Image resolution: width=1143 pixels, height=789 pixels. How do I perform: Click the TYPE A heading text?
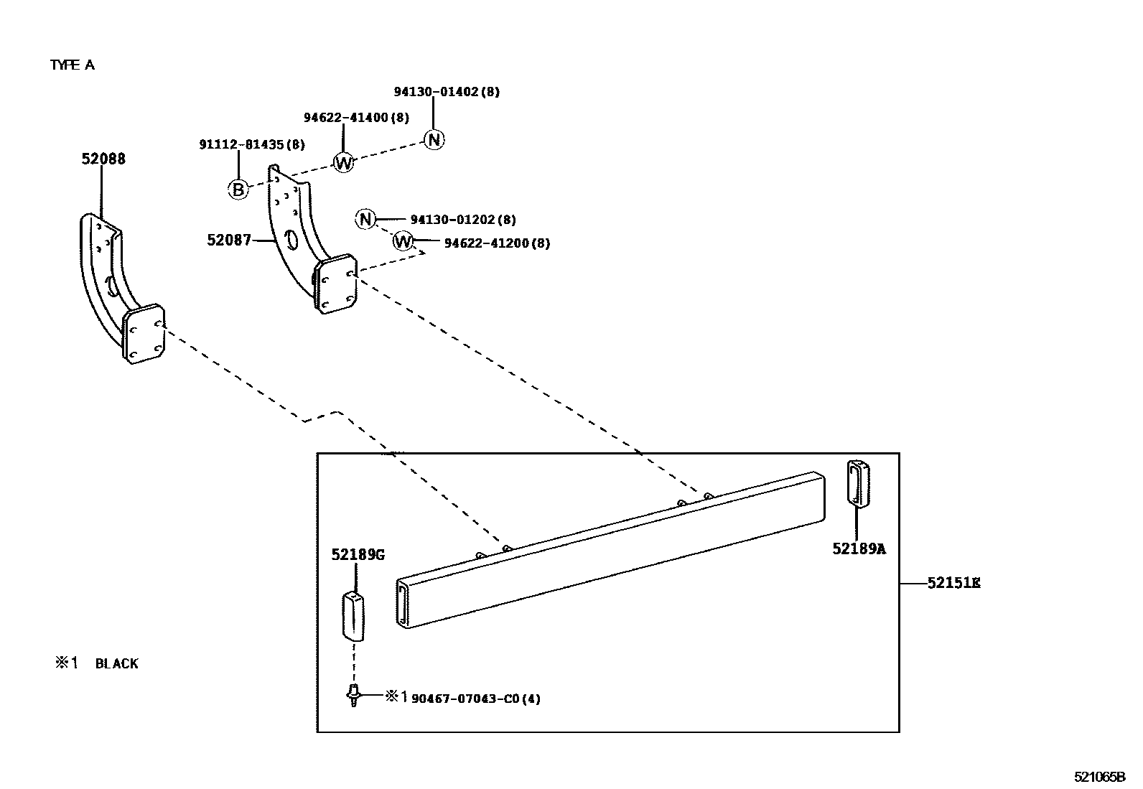72,65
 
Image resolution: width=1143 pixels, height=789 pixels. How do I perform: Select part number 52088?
103,159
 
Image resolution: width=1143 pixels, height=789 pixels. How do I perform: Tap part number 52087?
229,240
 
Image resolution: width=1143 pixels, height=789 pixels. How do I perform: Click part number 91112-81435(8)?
251,144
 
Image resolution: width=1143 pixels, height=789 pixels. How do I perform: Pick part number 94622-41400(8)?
355,117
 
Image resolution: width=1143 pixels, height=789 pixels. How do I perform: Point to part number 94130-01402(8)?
447,92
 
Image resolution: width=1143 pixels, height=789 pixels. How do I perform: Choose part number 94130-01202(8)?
462,220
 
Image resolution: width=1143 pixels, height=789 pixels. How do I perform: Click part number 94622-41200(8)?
497,243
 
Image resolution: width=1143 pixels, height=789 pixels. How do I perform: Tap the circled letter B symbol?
238,190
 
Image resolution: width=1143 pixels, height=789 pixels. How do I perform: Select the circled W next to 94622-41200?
403,241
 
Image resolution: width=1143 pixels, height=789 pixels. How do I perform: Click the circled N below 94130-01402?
434,139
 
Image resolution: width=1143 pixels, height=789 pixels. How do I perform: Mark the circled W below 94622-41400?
344,163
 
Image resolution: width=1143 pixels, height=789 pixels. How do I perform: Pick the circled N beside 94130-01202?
365,219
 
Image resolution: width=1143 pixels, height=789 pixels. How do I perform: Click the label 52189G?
358,554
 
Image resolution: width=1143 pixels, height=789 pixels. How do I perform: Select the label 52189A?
859,548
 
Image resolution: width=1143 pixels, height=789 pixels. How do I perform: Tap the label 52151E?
953,583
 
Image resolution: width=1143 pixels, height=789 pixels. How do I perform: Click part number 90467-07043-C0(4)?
475,698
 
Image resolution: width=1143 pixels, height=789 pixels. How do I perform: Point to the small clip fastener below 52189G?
353,695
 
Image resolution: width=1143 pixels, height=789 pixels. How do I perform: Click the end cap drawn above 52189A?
857,482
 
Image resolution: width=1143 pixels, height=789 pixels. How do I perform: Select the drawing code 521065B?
1099,777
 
